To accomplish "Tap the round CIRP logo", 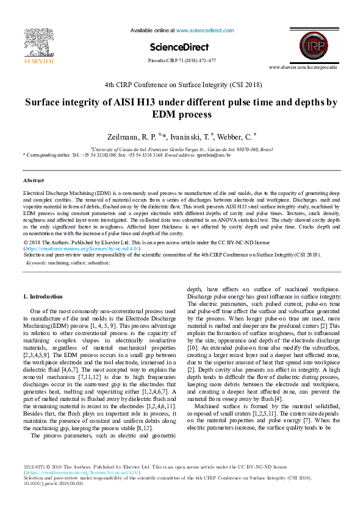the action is pyautogui.click(x=312, y=45).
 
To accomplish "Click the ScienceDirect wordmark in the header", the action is pyautogui.click(x=179, y=47).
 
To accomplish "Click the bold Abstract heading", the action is pyautogui.click(x=33, y=180).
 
